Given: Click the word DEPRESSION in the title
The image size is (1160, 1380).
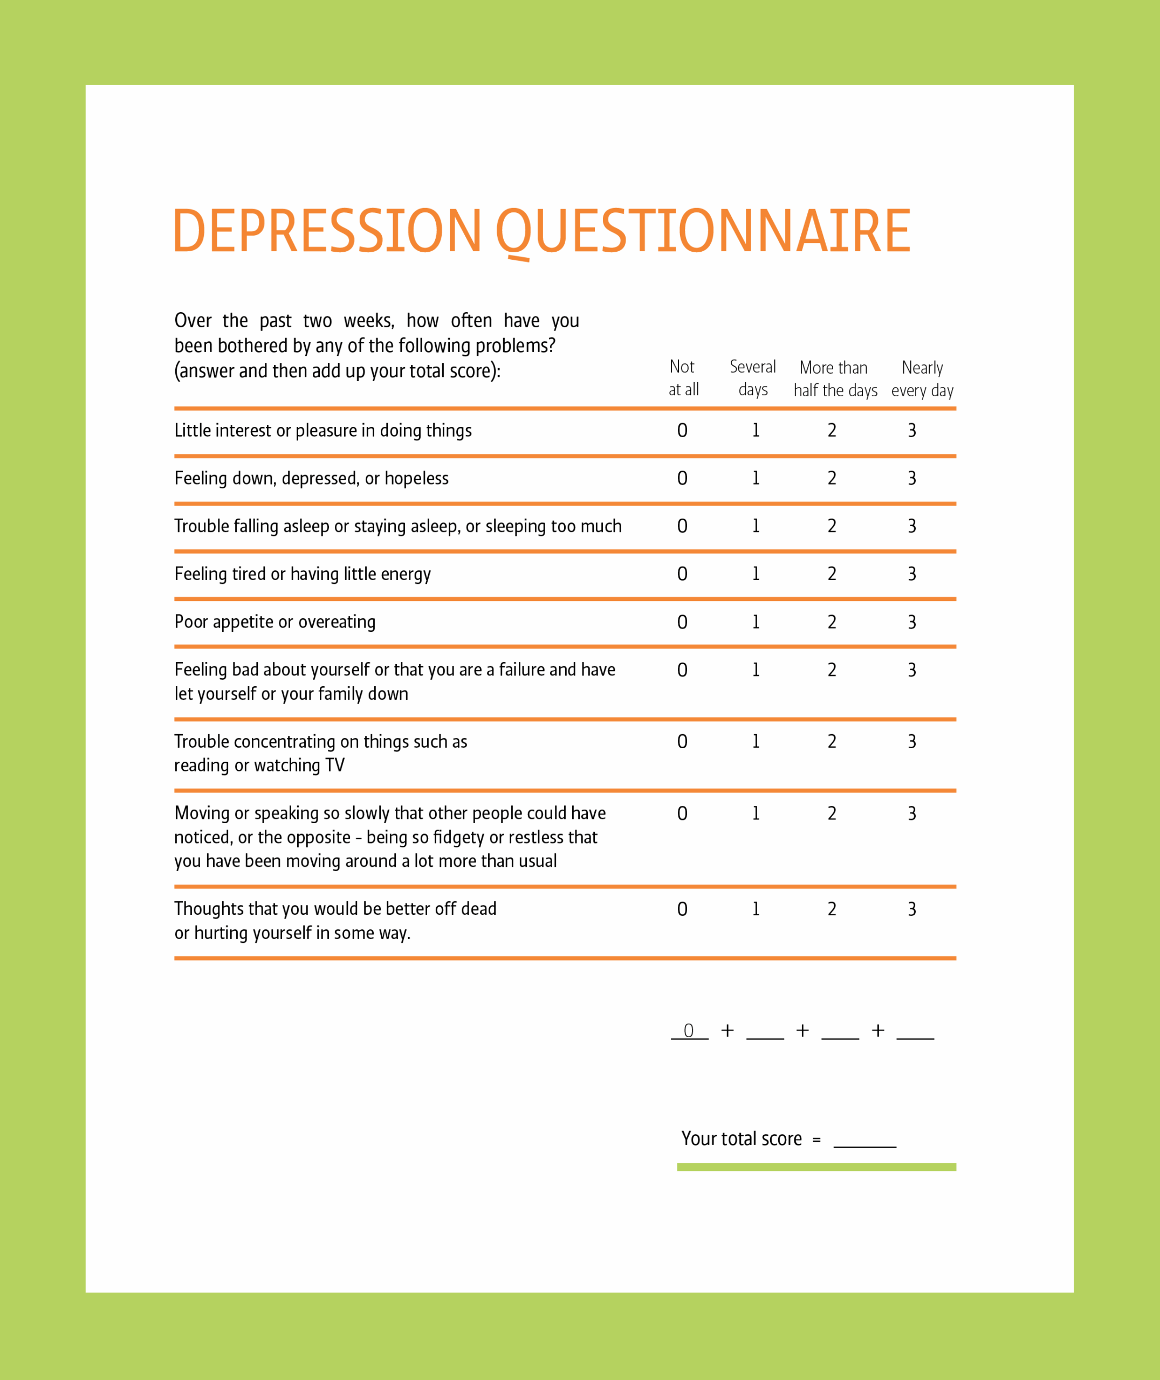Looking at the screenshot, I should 327,231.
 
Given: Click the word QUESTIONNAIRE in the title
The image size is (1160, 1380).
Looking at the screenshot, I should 702,231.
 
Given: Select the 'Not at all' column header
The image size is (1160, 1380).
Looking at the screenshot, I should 683,378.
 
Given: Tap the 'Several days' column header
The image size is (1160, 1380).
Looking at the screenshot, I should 752,378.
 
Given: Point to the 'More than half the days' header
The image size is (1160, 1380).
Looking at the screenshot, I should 834,378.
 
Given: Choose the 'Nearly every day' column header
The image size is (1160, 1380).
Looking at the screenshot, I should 922,378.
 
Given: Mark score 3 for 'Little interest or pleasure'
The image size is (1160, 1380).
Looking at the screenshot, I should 911,430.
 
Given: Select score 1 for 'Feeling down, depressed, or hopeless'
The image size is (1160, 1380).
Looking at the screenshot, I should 756,478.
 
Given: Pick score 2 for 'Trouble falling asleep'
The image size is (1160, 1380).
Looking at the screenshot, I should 832,526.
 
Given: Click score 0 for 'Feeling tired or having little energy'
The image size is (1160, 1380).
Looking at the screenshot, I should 683,574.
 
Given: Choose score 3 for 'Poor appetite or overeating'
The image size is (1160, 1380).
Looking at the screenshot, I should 911,622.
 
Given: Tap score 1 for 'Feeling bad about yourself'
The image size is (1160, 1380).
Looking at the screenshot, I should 756,670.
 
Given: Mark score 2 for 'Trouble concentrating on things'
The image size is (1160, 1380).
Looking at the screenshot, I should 832,742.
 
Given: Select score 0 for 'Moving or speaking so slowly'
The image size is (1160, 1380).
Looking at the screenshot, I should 683,813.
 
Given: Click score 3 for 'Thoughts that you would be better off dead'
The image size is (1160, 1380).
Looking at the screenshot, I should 911,909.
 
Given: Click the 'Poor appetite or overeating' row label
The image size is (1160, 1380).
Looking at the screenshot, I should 275,622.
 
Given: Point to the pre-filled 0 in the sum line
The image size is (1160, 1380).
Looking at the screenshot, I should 689,1030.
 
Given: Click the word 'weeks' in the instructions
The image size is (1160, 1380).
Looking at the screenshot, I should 368,321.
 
